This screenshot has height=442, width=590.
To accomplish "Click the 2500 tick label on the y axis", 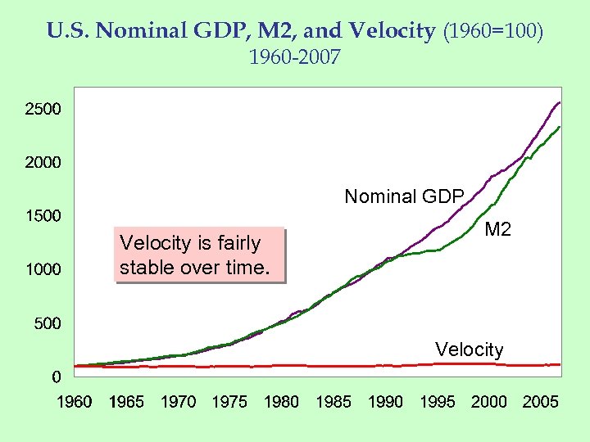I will (43, 108).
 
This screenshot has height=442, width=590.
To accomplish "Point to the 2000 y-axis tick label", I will (43, 162).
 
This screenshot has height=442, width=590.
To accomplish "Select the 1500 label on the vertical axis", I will (43, 216).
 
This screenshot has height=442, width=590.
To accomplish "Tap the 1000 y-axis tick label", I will (43, 269).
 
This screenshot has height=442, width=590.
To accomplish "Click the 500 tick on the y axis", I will (47, 323).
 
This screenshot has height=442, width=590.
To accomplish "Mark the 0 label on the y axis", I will (56, 377).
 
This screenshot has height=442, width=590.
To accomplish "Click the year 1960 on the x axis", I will (75, 402).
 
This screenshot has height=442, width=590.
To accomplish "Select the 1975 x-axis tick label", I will (229, 402).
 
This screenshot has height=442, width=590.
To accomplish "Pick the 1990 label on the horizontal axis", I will (385, 402).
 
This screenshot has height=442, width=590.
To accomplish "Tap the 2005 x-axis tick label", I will (541, 402).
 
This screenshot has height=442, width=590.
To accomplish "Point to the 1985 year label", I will (334, 402).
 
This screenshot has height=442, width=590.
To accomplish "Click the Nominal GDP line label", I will (404, 196).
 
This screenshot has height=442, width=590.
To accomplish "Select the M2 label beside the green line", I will (497, 230).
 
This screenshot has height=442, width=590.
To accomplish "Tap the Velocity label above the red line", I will (470, 350).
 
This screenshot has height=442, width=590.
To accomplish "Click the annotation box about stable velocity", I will (199, 255).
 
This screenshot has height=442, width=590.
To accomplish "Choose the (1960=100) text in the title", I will (492, 31).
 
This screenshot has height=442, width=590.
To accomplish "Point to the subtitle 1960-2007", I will (294, 58).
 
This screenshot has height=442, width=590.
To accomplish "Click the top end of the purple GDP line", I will (559, 102).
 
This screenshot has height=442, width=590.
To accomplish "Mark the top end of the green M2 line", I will (560, 127).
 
